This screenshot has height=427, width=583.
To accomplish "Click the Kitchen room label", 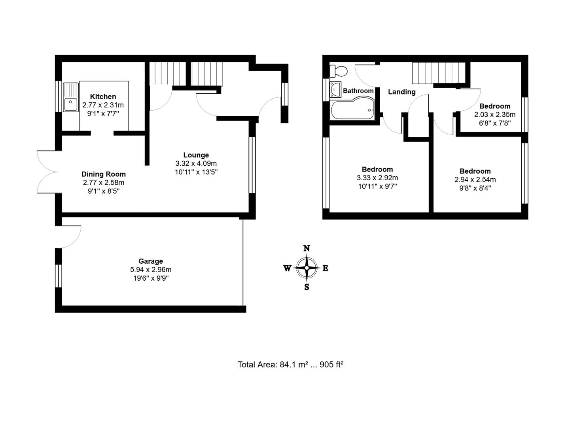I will pyautogui.click(x=103, y=96).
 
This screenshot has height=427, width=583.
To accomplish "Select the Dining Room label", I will pyautogui.click(x=104, y=174).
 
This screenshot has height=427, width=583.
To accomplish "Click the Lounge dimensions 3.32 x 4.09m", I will pyautogui.click(x=196, y=163).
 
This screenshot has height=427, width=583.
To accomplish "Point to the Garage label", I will pyautogui.click(x=150, y=261).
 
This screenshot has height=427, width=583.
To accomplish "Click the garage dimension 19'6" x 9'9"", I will pyautogui.click(x=151, y=278).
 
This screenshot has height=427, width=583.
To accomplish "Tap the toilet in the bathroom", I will pyautogui.click(x=339, y=71).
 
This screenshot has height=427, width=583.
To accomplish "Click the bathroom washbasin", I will pyautogui.click(x=335, y=89).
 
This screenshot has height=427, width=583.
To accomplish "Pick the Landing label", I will pyautogui.click(x=401, y=92).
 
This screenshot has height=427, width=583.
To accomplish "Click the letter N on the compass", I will pyautogui.click(x=307, y=248).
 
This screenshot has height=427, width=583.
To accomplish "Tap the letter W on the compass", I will pyautogui.click(x=287, y=268).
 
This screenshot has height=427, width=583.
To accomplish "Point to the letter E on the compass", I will pyautogui.click(x=326, y=268).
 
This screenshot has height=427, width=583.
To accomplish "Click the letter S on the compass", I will pyautogui.click(x=307, y=287).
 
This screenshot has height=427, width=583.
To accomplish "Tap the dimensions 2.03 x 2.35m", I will pyautogui.click(x=495, y=115).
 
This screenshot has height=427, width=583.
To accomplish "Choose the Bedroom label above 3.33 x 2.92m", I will pyautogui.click(x=377, y=169).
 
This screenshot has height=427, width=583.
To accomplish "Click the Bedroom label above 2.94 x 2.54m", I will pyautogui.click(x=475, y=171).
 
